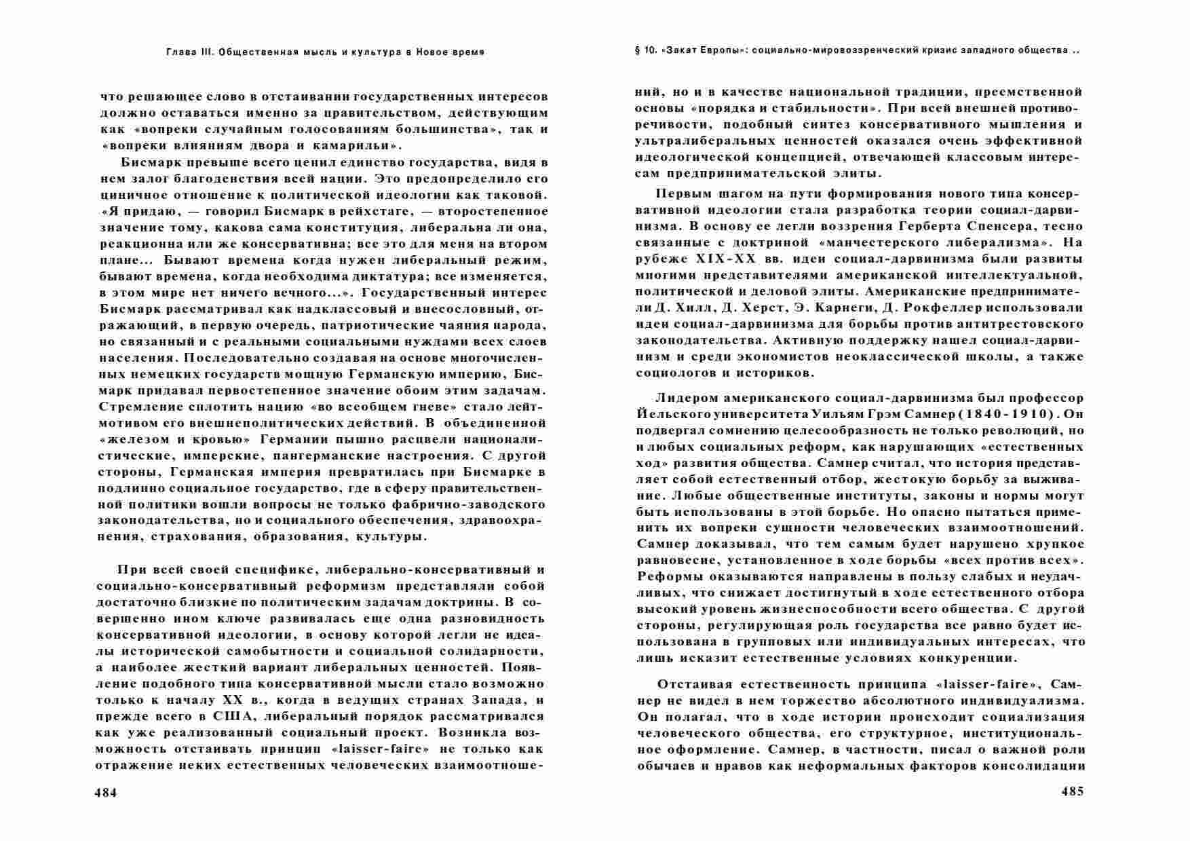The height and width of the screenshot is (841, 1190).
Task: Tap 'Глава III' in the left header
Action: [190, 52]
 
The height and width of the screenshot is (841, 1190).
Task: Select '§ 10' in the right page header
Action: [644, 51]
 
